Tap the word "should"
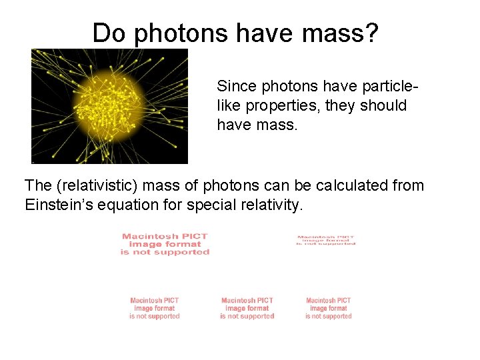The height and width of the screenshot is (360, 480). click(383, 105)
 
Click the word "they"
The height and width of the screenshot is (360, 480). click(341, 106)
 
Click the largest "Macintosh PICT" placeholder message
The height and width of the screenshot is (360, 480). click(165, 244)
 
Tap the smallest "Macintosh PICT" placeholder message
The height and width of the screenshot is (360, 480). click(326, 240)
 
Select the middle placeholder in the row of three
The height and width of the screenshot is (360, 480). click(247, 308)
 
